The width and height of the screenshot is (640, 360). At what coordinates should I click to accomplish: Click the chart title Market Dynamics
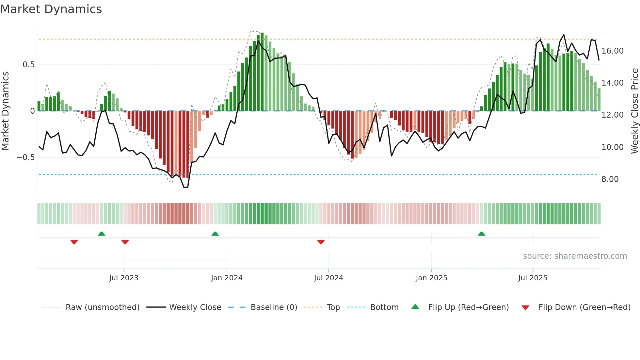(x=51, y=9)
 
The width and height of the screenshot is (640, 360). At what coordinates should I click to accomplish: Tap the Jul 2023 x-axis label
(x=124, y=278)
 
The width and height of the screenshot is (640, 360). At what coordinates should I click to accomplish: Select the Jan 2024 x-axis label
(x=227, y=278)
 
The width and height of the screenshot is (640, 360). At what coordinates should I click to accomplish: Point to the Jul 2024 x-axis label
(x=328, y=278)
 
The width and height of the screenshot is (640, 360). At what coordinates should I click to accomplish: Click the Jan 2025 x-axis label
(x=431, y=278)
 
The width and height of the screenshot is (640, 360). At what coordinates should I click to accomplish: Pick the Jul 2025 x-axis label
(x=533, y=278)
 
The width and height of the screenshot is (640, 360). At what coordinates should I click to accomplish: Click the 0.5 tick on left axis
(x=28, y=65)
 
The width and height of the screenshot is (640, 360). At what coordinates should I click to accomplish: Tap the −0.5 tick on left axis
(x=26, y=157)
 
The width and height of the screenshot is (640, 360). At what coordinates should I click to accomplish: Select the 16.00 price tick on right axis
(x=613, y=51)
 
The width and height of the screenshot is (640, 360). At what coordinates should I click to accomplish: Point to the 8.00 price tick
(x=610, y=179)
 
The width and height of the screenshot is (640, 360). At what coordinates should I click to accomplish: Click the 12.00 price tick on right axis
(x=613, y=115)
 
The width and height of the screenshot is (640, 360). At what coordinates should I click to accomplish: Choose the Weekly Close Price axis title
(x=634, y=111)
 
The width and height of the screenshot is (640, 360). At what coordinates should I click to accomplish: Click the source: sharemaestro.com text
(x=575, y=256)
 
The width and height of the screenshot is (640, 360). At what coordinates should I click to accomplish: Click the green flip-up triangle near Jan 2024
(x=215, y=234)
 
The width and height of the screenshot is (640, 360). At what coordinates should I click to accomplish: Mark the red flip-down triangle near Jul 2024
(x=321, y=242)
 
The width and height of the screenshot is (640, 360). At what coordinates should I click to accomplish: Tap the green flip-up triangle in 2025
(x=481, y=234)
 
